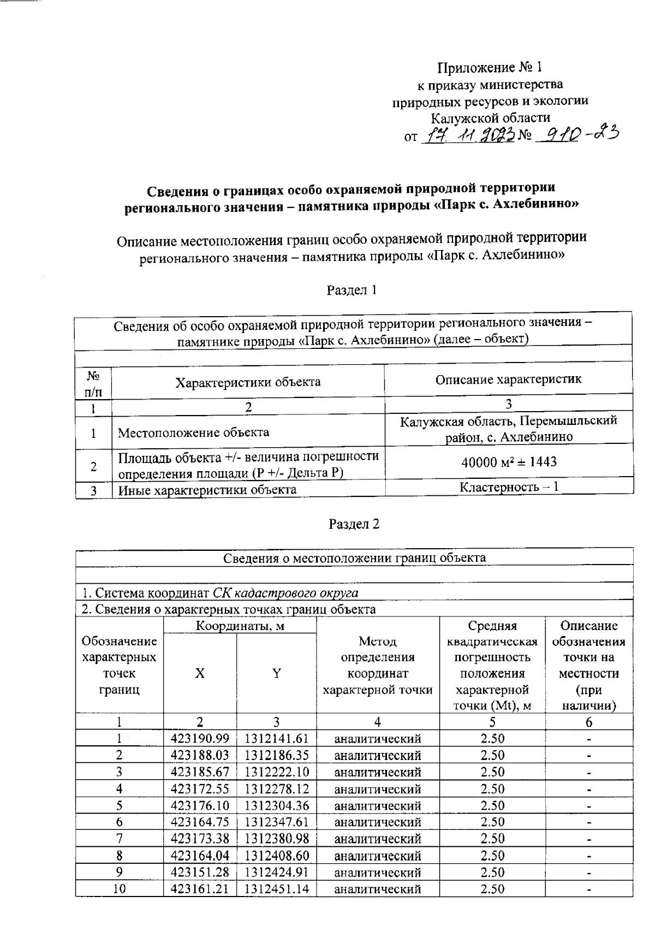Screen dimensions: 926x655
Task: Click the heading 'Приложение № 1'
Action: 490,68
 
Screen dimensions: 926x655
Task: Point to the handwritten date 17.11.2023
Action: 469,135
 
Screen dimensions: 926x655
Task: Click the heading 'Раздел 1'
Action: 352,290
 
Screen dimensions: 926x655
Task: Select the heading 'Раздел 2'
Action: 354,524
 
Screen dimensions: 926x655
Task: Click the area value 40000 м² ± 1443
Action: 509,462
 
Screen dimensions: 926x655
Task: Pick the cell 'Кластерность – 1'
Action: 509,486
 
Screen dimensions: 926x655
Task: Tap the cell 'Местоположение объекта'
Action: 194,433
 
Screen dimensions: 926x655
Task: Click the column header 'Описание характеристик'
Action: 508,379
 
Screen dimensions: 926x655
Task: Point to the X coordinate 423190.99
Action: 200,739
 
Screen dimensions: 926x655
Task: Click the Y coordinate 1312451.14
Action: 277,889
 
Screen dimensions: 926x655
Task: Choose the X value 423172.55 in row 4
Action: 200,789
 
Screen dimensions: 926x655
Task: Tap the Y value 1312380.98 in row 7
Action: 277,839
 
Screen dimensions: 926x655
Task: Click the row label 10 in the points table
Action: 119,889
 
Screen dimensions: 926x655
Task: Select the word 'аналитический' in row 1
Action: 377,739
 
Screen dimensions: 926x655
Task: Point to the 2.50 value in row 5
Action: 492,806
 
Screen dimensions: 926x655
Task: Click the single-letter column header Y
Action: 277,673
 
